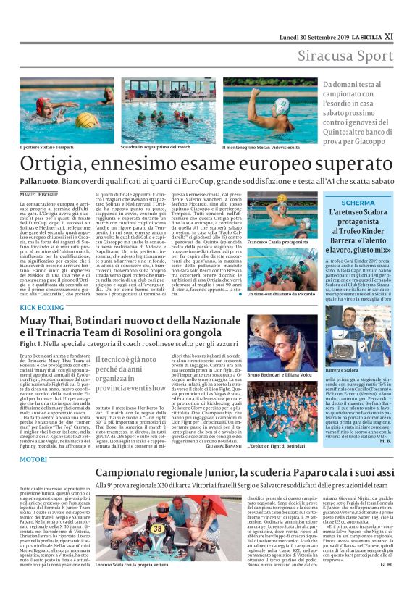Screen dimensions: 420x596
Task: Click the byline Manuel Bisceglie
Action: (x=40, y=193)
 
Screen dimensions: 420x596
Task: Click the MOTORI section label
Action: (x=33, y=459)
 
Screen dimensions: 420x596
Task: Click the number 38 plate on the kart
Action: (x=157, y=528)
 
